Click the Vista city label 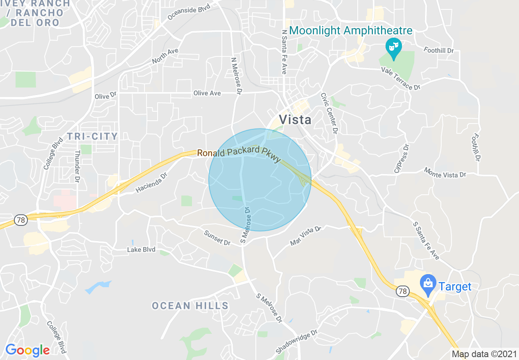295,119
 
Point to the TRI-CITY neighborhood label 92,136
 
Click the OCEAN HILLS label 190,306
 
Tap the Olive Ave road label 207,93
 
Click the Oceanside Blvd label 189,13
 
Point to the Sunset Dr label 217,238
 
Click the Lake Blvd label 141,250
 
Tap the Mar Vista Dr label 306,236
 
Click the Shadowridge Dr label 297,342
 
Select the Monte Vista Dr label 445,172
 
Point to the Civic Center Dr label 329,112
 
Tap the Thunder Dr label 77,166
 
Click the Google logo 27,350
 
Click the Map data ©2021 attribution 484,354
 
